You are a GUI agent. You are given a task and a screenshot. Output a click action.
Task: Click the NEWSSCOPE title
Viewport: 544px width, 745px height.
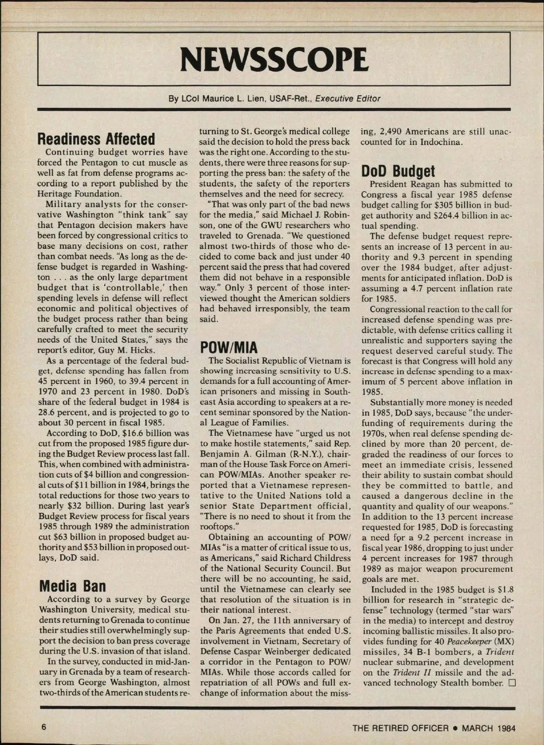click(x=274, y=59)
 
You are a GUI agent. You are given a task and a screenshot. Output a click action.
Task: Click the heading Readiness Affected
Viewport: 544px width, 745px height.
click(x=96, y=139)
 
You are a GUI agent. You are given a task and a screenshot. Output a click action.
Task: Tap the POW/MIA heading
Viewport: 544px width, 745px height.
click(x=228, y=347)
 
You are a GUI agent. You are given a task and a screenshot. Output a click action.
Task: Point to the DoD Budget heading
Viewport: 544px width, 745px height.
click(x=398, y=171)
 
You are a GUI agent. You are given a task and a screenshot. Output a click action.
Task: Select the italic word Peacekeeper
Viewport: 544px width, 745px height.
click(x=467, y=641)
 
